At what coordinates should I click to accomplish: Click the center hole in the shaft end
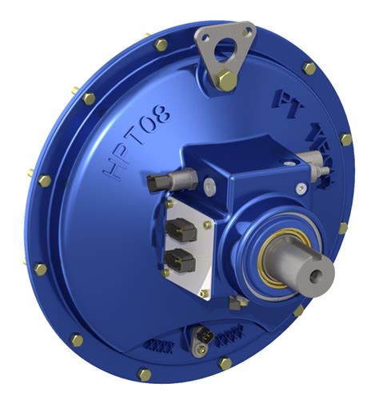click(x=321, y=274)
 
